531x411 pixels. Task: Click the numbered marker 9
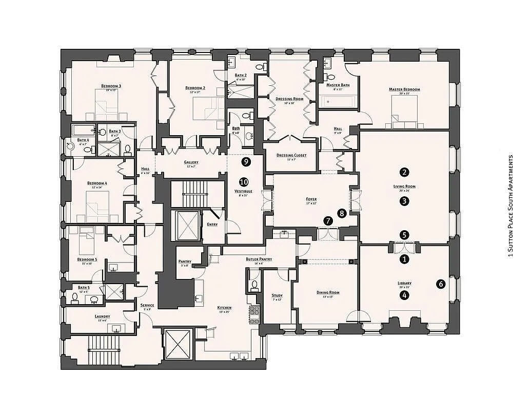[246, 162]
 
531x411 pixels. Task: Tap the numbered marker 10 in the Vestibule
[244, 182]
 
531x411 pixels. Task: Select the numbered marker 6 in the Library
[441, 283]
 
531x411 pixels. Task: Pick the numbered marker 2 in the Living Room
[405, 172]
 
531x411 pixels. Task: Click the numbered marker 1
[405, 259]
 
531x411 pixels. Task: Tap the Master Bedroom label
[404, 89]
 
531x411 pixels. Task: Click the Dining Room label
[328, 292]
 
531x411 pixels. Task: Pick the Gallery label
[191, 162]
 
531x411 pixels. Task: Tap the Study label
[277, 295]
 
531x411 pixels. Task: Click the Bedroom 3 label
[111, 86]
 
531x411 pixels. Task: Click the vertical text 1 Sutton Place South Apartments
[510, 206]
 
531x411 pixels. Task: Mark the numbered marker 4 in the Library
[405, 295]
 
